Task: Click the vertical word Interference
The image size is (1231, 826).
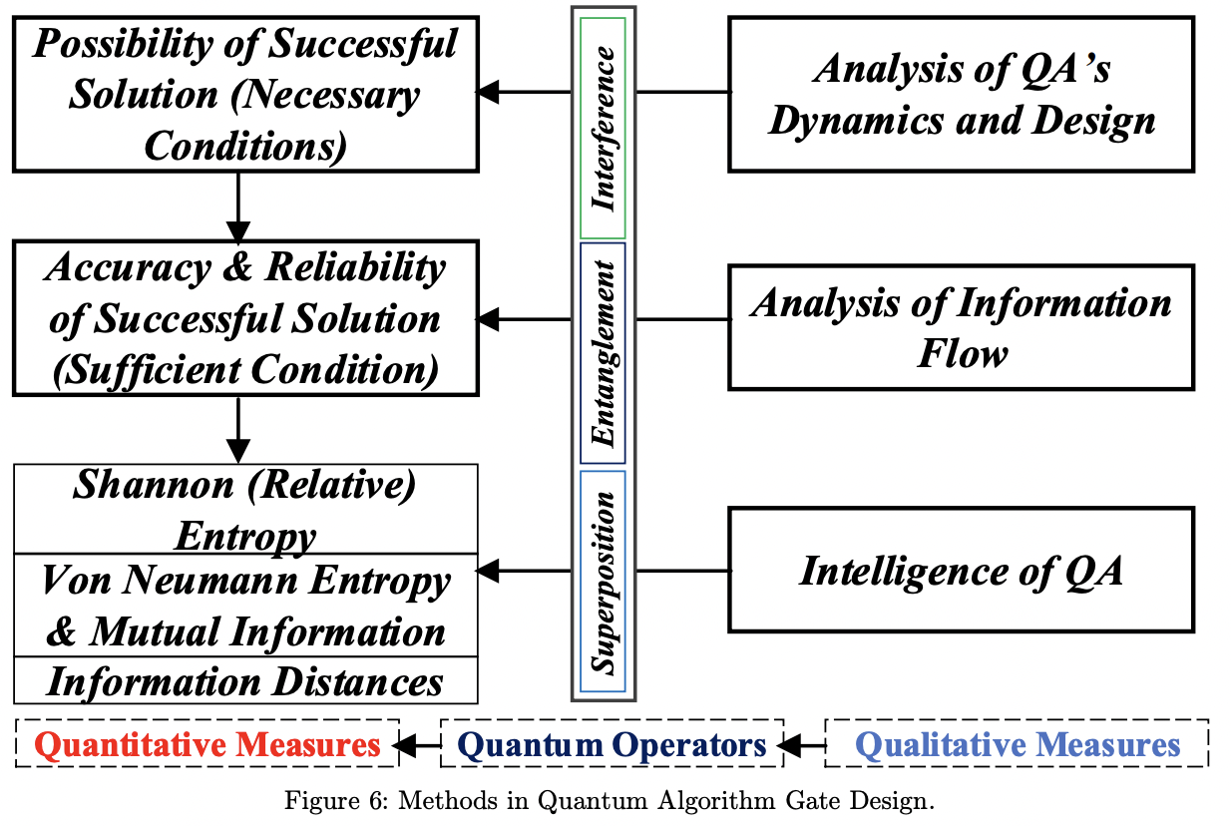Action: tap(604, 128)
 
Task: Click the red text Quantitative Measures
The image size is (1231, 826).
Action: tap(207, 744)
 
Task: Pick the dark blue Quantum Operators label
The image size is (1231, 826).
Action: tap(612, 744)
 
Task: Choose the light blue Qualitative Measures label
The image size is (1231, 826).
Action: tap(1018, 744)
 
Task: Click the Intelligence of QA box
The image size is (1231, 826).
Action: tap(962, 570)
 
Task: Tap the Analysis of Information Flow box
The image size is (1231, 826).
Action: tap(962, 327)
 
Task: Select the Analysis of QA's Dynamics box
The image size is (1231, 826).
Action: tap(962, 94)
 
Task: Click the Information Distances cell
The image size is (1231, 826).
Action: tap(245, 680)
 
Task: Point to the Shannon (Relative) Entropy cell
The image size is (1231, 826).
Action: tap(245, 509)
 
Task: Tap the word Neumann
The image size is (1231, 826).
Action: tap(209, 581)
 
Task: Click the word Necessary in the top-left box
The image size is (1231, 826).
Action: tap(325, 96)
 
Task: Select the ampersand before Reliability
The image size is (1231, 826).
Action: tap(237, 267)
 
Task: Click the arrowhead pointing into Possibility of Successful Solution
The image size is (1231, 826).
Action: tap(487, 92)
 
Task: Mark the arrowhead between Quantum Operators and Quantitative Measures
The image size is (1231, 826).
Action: tap(404, 746)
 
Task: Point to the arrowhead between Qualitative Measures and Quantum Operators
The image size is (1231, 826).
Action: tap(789, 746)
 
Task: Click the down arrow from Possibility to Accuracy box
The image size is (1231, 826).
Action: tap(238, 207)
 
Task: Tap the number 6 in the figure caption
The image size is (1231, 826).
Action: tap(376, 801)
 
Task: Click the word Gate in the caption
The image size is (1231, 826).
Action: tap(812, 801)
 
